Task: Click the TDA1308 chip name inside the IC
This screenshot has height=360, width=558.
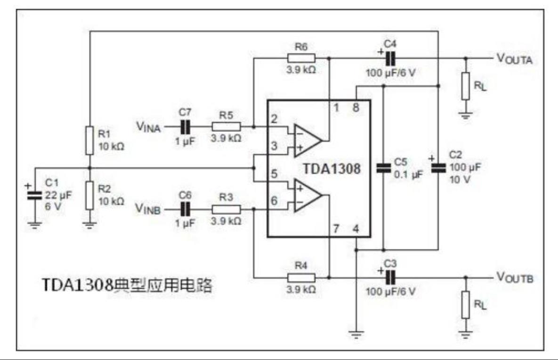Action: [x=332, y=169]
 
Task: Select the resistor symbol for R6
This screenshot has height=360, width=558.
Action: [x=301, y=58]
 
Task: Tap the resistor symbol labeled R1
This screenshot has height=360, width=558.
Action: [x=89, y=140]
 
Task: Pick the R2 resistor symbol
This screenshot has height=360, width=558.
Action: [x=89, y=195]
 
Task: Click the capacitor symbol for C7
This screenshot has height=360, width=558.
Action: [x=185, y=127]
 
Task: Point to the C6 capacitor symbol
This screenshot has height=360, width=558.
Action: [x=185, y=209]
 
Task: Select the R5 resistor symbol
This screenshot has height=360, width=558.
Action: [x=226, y=126]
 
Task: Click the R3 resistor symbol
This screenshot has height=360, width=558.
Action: [x=226, y=209]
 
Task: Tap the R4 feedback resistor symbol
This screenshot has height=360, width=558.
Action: [x=301, y=278]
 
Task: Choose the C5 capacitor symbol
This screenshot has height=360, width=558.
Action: [x=384, y=168]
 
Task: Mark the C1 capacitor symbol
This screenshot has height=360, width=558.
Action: [x=35, y=195]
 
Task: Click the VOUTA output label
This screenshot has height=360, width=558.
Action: [x=515, y=59]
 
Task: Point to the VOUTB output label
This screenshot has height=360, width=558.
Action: [x=515, y=278]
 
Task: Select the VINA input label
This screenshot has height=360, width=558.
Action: [x=148, y=127]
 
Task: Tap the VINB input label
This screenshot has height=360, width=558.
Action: [x=148, y=209]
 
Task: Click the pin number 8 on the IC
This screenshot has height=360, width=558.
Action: [x=356, y=107]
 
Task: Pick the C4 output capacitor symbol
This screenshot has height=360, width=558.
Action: [x=390, y=58]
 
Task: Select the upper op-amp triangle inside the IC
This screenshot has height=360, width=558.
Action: [x=307, y=140]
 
